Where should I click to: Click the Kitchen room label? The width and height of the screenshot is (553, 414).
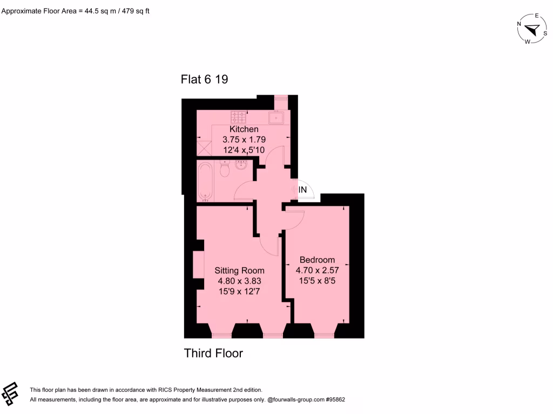[244, 129]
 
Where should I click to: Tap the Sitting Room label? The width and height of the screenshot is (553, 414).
[239, 271]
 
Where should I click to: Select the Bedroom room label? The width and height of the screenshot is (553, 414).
[317, 260]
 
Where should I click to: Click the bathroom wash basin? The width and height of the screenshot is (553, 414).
[241, 164]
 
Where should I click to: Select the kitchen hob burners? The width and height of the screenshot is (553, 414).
[238, 116]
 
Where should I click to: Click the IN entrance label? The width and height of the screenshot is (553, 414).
[303, 190]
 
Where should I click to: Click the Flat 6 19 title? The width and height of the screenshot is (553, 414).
[204, 80]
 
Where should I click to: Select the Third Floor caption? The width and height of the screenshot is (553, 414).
[213, 354]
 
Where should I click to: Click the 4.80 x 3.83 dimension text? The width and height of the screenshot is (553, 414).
[239, 281]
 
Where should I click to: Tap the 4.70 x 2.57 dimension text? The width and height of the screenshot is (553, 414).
[317, 270]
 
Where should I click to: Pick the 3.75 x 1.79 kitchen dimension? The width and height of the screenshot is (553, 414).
[244, 140]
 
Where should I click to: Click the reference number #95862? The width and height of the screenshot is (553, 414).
[333, 400]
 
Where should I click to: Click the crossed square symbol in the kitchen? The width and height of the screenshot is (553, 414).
[204, 146]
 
